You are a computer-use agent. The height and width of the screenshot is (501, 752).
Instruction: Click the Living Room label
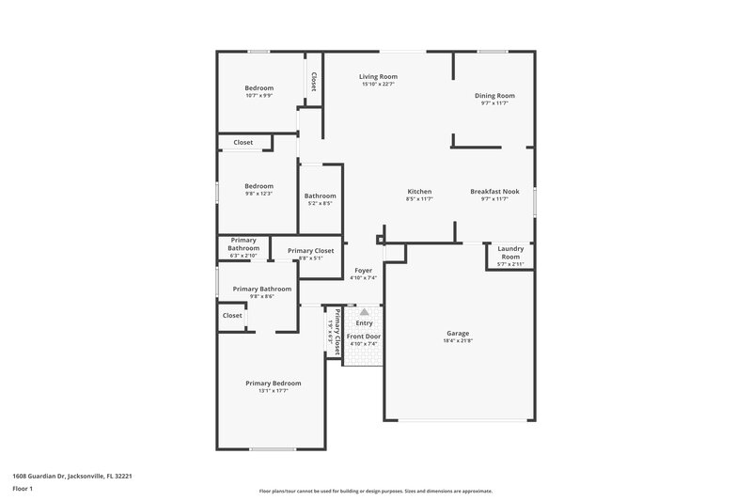point(378,76)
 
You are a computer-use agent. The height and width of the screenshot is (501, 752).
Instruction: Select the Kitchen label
point(418,191)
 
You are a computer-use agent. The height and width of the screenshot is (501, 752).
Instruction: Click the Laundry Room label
point(509,252)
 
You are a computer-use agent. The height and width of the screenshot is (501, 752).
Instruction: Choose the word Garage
point(457,334)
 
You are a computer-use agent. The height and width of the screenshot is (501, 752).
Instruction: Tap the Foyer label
point(363,270)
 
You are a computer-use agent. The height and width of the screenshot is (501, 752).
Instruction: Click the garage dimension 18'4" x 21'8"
point(457,342)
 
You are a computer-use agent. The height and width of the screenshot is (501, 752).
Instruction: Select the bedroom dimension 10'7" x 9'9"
point(258,96)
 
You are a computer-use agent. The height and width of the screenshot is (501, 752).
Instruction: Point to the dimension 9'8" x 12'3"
point(258,195)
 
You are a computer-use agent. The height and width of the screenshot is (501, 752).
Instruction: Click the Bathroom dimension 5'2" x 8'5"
point(320,204)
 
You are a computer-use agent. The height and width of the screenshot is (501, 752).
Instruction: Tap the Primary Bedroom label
point(273,383)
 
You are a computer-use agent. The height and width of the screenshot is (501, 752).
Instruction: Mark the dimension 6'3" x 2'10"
point(243,256)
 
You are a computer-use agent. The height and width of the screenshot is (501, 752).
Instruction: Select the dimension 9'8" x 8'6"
point(261,297)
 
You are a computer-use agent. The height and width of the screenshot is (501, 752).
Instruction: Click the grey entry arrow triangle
point(363,311)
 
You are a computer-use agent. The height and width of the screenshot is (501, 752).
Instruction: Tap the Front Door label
point(363,336)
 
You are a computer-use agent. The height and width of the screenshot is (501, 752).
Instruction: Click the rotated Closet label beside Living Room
point(313,82)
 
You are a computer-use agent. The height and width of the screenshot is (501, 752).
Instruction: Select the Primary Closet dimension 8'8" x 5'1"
point(310,258)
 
